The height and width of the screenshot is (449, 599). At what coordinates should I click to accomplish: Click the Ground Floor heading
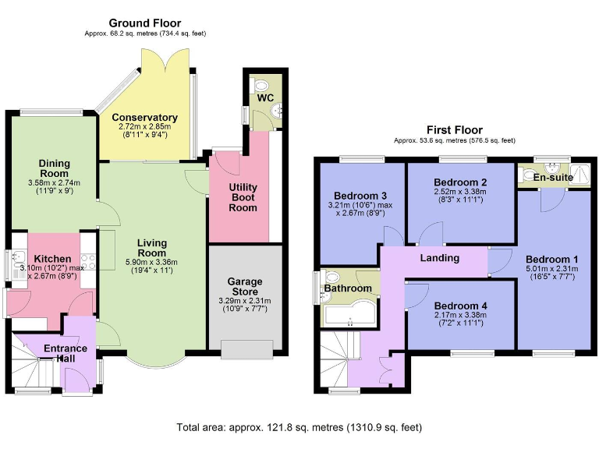145,23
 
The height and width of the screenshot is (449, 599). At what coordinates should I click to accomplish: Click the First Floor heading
454,130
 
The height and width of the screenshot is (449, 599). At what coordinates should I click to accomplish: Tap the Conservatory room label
144,118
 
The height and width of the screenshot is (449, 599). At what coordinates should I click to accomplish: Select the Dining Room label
55,168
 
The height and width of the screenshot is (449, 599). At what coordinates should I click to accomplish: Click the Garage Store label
244,286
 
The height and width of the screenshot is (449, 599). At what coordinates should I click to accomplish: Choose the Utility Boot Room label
243,198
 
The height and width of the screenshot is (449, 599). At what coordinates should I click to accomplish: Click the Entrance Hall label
65,354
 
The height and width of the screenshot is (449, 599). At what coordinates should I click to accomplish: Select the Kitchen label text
52,259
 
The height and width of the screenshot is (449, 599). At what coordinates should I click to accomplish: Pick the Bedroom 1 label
551,259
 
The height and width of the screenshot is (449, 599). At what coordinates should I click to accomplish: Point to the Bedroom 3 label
360,195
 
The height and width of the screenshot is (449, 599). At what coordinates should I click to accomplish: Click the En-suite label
554,178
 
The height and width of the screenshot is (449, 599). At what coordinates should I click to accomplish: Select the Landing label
440,258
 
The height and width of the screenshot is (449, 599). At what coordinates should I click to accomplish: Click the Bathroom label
349,288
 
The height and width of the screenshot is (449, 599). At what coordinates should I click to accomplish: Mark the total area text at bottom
299,428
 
